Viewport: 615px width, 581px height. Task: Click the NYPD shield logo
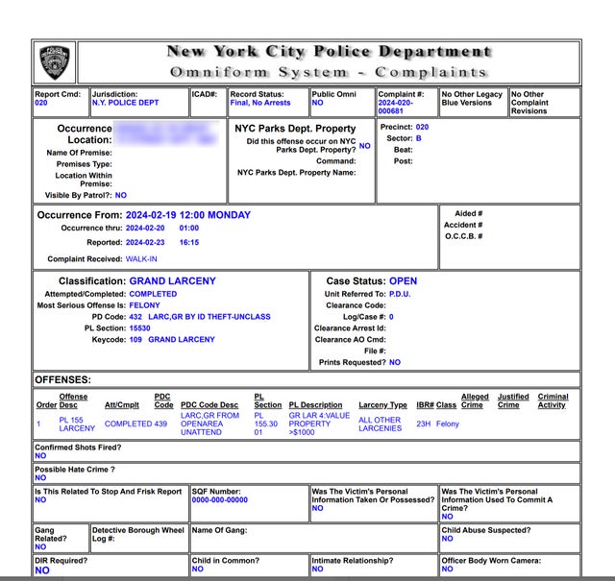[x=56, y=61]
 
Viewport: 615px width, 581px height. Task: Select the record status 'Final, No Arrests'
[x=259, y=103]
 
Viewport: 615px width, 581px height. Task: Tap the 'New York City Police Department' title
[x=330, y=52]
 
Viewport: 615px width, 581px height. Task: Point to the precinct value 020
[x=422, y=127]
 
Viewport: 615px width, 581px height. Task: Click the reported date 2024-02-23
[x=148, y=242]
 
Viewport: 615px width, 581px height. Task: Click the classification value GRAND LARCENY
[x=172, y=281]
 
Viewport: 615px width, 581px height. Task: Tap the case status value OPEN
[x=403, y=281]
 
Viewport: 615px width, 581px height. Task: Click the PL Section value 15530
[x=140, y=328]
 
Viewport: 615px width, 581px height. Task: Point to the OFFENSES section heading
[x=61, y=380]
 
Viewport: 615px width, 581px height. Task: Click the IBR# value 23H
[x=424, y=424]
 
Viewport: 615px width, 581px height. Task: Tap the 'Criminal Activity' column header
[x=553, y=400]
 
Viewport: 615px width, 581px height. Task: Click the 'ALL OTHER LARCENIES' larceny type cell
[x=380, y=424]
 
